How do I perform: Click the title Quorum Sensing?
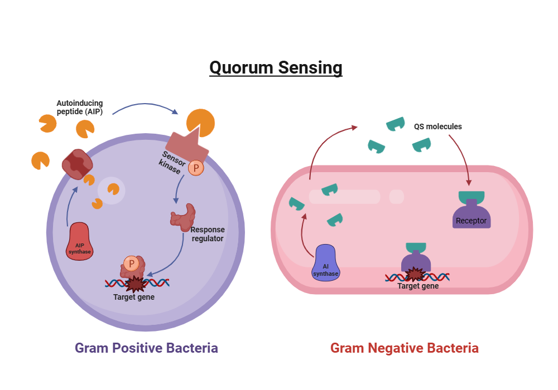tap(276, 67)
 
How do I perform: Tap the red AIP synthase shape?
tap(80, 241)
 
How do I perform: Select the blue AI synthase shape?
tap(325, 263)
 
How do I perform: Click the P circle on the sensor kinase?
tap(196, 167)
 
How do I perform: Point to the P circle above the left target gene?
tap(131, 263)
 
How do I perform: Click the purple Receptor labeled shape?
tap(471, 214)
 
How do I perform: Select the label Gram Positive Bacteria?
tap(146, 348)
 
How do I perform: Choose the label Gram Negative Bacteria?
tap(404, 348)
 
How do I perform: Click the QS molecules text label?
tap(437, 126)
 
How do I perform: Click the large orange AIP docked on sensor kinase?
tap(200, 123)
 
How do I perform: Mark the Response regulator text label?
tap(207, 234)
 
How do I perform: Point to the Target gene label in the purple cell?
tap(134, 297)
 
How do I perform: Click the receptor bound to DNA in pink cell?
tap(416, 259)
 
